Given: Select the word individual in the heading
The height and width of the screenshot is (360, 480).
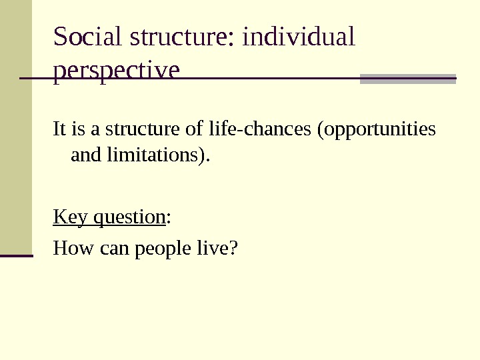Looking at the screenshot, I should [299, 38].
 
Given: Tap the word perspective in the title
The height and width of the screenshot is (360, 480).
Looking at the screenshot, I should [116, 70].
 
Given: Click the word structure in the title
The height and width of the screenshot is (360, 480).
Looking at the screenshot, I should [178, 38].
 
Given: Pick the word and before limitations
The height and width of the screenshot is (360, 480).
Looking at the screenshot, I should [83, 157].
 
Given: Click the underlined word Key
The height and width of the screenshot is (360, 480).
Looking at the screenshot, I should [71, 217].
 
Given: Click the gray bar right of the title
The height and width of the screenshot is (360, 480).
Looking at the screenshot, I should [407, 79].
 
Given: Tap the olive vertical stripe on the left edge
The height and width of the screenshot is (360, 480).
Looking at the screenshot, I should [15, 127].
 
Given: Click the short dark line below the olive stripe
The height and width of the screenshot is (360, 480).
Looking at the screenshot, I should [16, 255].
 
